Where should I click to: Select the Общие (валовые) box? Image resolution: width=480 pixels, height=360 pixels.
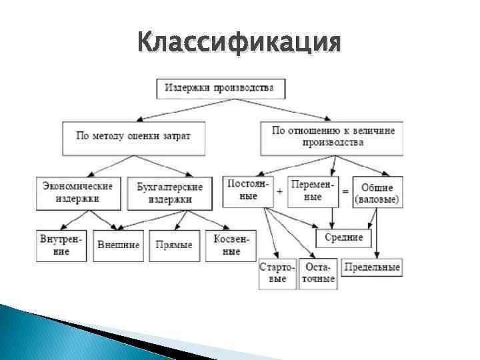point(377,193)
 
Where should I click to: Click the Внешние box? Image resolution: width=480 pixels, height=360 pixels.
point(119,245)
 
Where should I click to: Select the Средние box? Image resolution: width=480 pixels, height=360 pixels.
point(344,237)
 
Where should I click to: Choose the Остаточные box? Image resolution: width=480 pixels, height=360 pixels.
point(318,273)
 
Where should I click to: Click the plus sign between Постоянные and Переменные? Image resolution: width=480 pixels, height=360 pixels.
point(279,191)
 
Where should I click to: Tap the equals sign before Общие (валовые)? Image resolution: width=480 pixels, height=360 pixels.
point(345,191)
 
